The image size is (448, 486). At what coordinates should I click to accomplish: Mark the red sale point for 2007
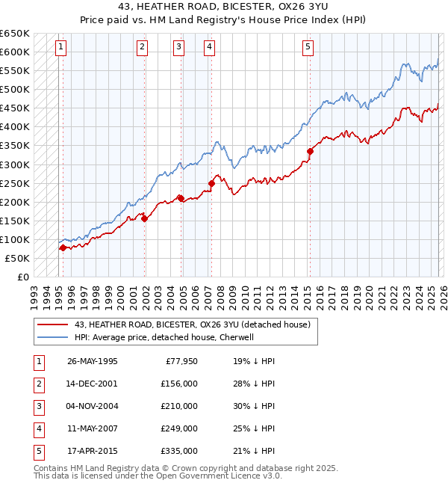(211, 183)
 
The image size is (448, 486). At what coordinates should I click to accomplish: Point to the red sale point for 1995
(63, 247)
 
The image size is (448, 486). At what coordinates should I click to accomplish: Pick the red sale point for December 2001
(144, 218)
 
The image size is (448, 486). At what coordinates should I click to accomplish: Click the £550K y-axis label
(15, 71)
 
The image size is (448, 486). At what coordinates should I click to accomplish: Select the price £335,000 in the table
(179, 452)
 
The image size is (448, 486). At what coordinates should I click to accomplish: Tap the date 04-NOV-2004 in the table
(93, 406)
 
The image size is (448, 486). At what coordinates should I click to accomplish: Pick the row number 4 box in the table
(38, 429)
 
